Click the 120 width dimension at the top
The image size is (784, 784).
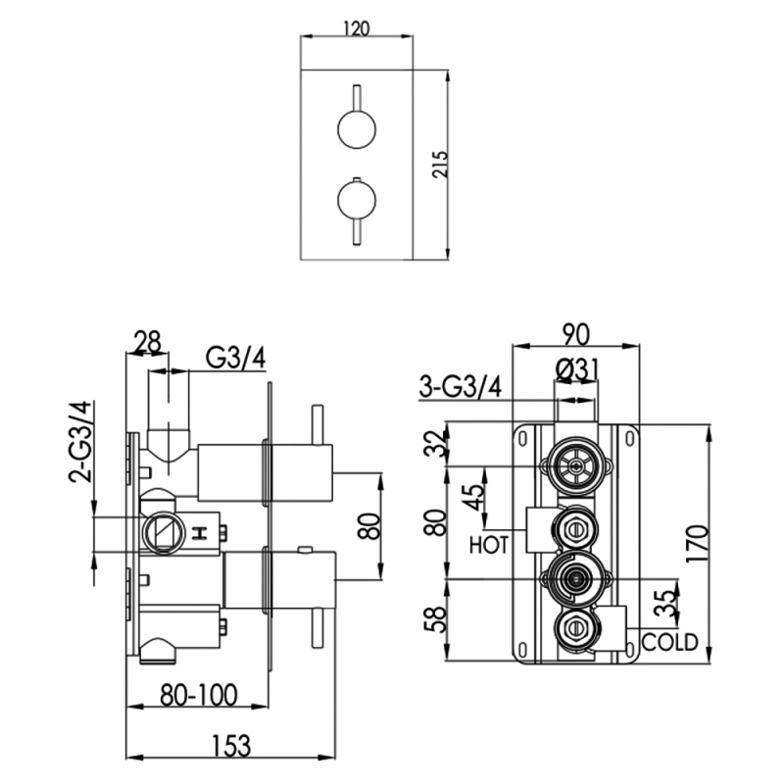click(356, 28)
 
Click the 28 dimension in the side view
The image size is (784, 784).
click(147, 344)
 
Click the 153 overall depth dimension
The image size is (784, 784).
click(228, 745)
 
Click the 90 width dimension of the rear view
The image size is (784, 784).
click(577, 334)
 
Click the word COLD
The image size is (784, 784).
click(670, 643)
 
